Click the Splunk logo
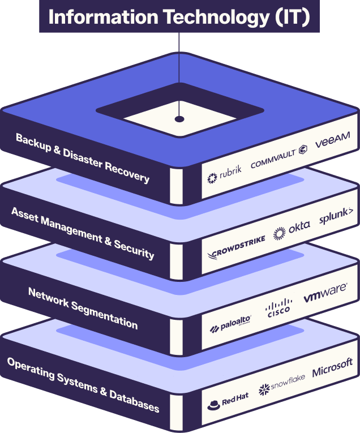(336, 216)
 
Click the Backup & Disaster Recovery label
(83, 158)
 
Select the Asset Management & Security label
(83, 233)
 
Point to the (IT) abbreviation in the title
(293, 18)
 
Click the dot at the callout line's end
(179, 119)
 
